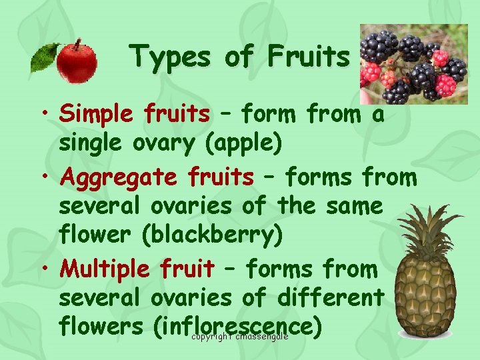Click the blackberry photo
(x=413, y=64)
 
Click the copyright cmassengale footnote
(x=239, y=337)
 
